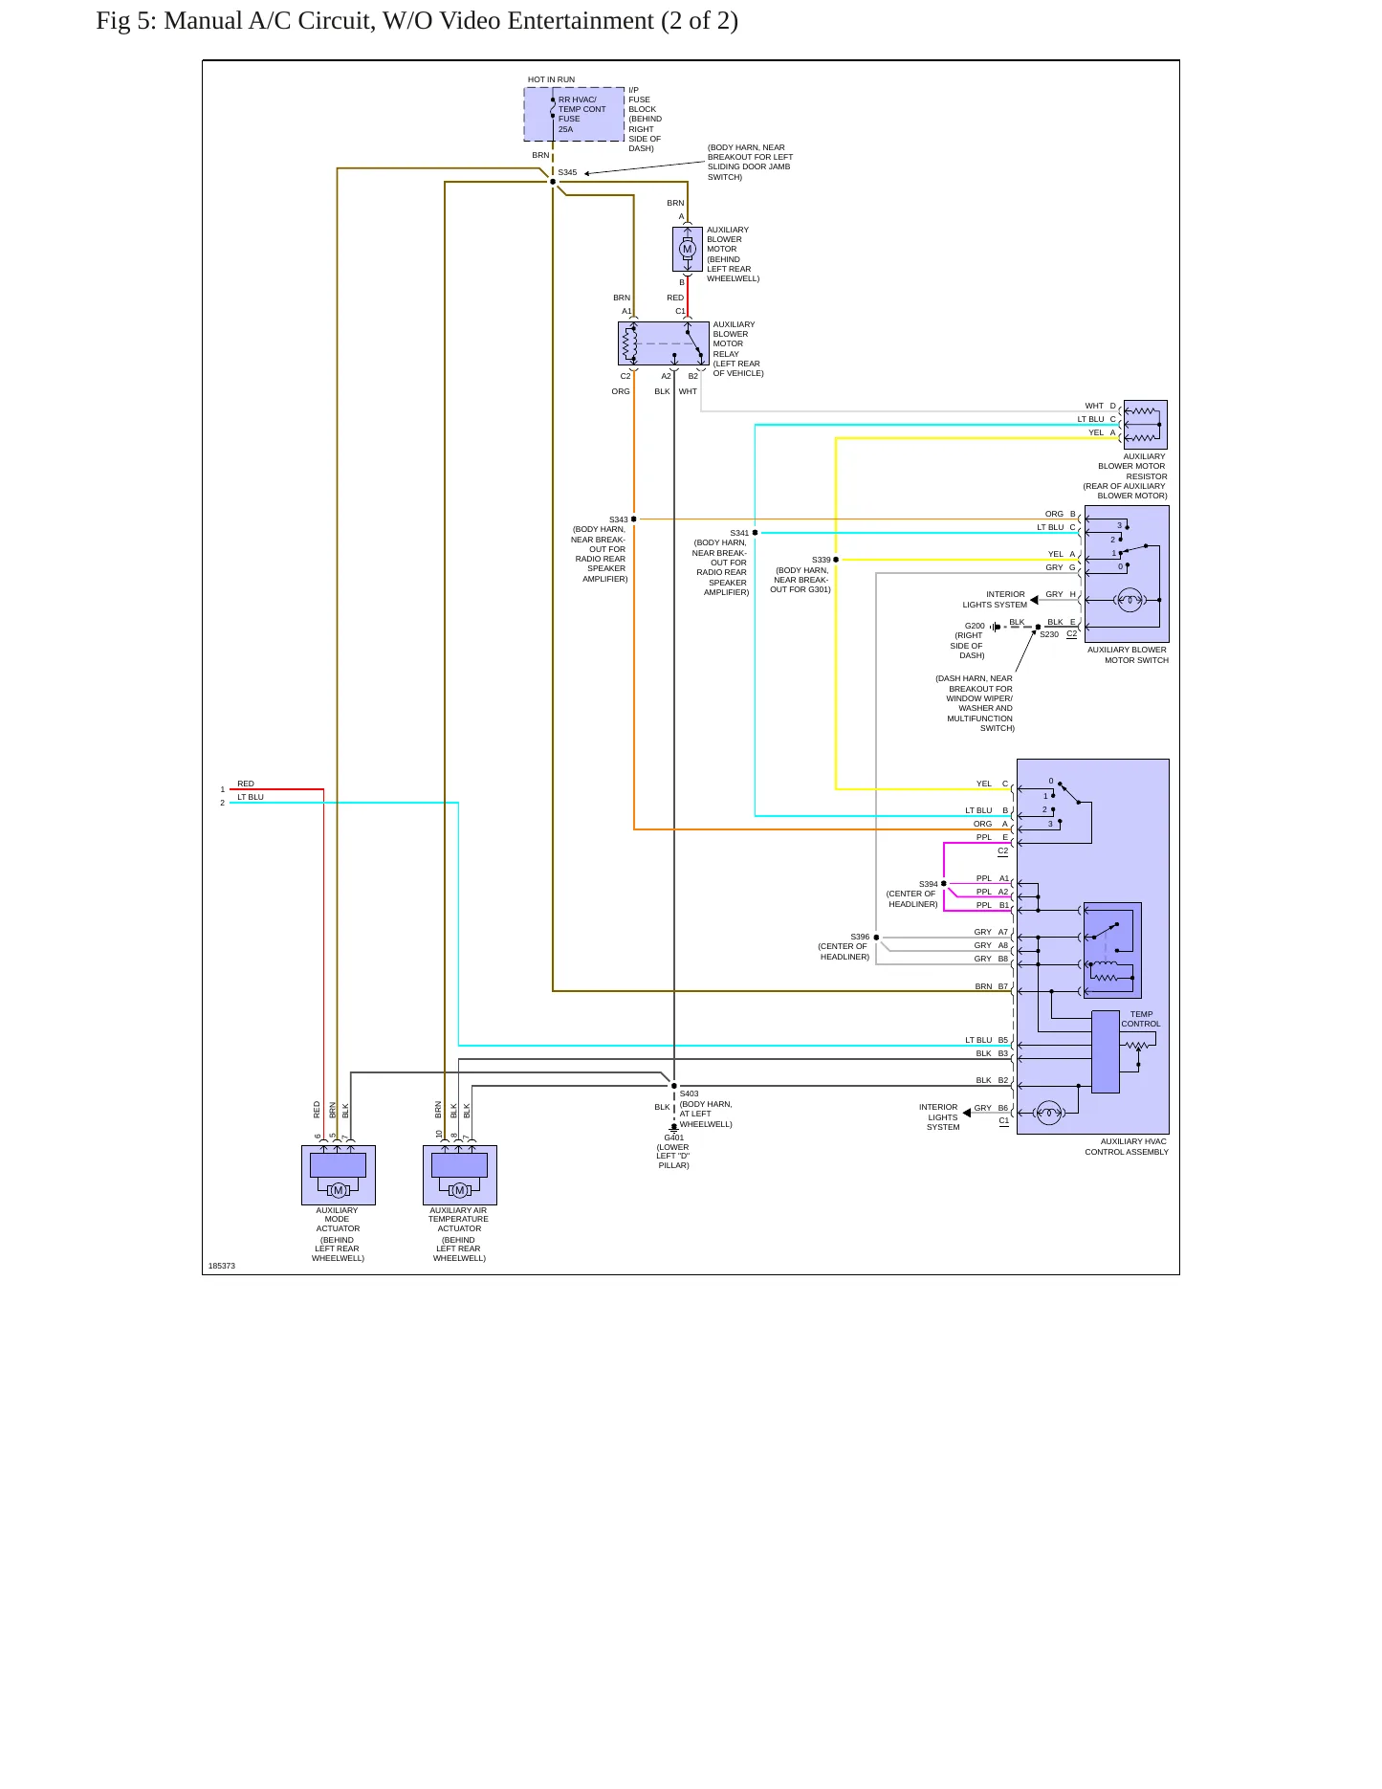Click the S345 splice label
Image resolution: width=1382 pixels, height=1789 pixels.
[x=567, y=173]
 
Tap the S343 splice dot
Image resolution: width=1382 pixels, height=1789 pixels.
[x=634, y=519]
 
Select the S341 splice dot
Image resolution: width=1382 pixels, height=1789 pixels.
[x=755, y=533]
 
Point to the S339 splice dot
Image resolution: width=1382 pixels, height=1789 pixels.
[x=836, y=560]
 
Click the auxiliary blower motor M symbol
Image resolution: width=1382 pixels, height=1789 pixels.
[x=687, y=250]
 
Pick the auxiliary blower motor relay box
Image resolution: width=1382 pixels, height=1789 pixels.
[x=664, y=343]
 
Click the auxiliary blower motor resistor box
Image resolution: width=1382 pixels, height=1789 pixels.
[x=1146, y=425]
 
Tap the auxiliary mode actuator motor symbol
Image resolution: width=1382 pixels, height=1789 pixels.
[x=339, y=1190]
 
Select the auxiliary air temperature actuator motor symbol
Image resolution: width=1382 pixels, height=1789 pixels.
[x=460, y=1190]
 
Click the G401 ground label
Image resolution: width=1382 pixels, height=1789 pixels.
[x=674, y=1137]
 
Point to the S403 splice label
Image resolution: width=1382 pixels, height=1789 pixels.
[x=690, y=1093]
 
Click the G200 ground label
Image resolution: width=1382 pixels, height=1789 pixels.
[x=975, y=626]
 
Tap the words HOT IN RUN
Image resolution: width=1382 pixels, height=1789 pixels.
[x=551, y=80]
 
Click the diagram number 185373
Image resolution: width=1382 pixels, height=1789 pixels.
[x=222, y=1266]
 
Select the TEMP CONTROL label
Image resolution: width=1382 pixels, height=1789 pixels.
[x=1141, y=1019]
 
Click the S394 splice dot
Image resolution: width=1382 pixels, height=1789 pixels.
[x=944, y=884]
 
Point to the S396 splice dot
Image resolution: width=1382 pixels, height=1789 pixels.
[x=876, y=938]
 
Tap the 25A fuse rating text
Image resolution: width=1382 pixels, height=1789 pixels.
[x=566, y=129]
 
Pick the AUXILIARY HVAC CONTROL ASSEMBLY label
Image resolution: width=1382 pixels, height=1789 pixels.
[x=1127, y=1146]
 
